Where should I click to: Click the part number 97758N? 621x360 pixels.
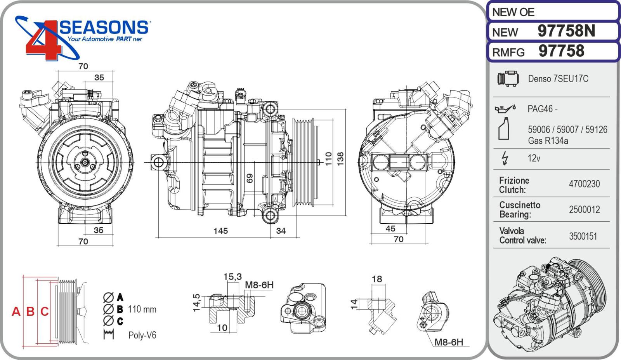(566, 31)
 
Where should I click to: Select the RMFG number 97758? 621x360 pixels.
(561, 51)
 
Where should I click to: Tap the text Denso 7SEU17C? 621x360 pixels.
(558, 79)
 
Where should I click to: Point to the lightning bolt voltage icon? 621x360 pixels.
(505, 158)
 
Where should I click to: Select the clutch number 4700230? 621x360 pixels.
(584, 184)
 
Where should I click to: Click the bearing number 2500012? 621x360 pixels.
(584, 210)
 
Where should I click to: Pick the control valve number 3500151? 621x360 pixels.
(583, 236)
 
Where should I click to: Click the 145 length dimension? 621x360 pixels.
(220, 231)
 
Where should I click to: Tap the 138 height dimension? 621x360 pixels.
(340, 159)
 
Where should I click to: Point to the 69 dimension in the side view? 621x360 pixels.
(250, 178)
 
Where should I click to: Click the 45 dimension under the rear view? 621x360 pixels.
(390, 229)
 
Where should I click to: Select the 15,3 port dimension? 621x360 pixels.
(232, 277)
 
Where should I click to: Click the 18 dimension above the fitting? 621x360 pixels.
(376, 279)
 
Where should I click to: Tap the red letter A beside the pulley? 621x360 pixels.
(16, 311)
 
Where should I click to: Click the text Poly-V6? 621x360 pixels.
(142, 335)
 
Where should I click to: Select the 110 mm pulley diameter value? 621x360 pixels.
(142, 310)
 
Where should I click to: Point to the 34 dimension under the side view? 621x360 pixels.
(281, 231)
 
